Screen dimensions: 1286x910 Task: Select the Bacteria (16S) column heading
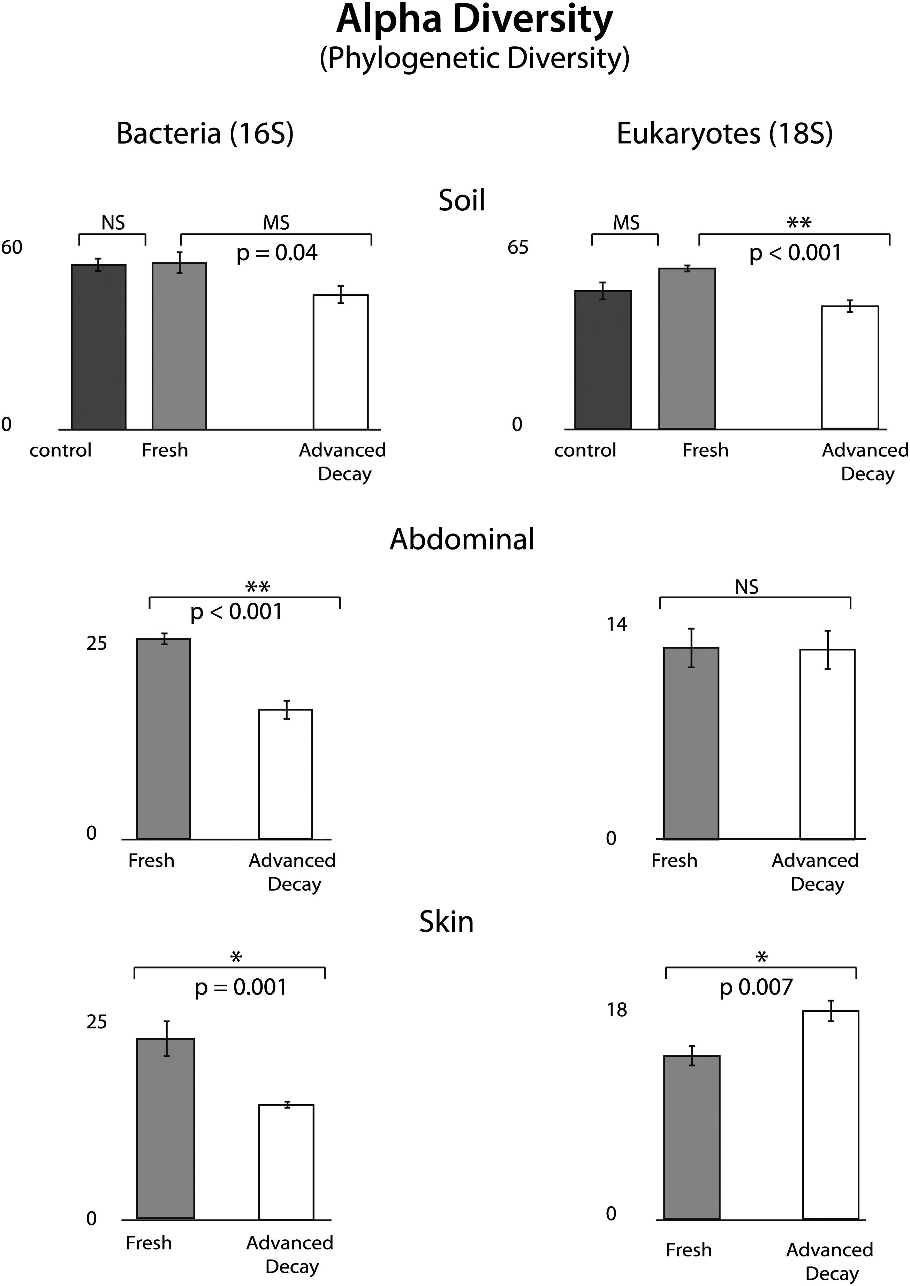[x=205, y=134]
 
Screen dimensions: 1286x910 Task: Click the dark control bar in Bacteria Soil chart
[x=99, y=347]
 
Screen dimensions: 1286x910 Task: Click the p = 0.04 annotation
[x=277, y=253]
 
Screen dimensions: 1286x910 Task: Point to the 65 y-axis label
[x=518, y=248]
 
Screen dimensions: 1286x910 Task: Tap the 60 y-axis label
[x=12, y=248]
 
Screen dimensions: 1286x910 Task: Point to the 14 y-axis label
[x=616, y=624]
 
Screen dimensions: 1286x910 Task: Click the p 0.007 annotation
[x=756, y=987]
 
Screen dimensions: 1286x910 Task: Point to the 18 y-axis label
[x=616, y=1010]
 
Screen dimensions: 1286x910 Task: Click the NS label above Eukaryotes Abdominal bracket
[x=746, y=587]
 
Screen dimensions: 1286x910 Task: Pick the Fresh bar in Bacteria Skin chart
[x=165, y=1128]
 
